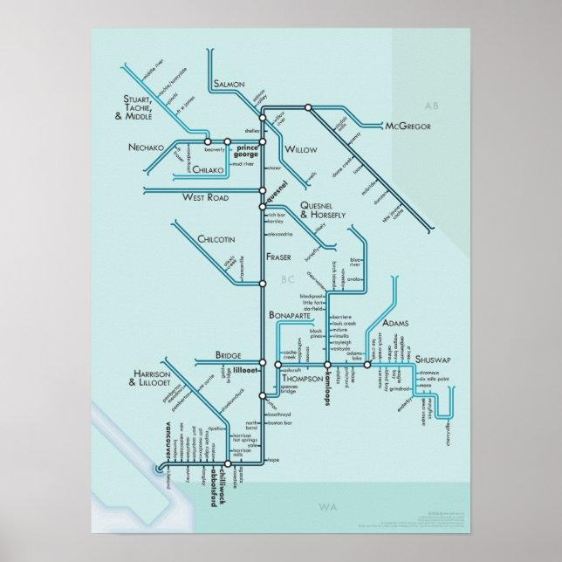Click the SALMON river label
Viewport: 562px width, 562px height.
pyautogui.click(x=230, y=85)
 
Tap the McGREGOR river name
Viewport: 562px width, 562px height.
pyautogui.click(x=408, y=127)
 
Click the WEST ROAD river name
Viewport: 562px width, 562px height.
pyautogui.click(x=205, y=198)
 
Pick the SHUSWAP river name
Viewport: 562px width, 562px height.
pyautogui.click(x=434, y=359)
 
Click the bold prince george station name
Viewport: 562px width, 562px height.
pyautogui.click(x=247, y=149)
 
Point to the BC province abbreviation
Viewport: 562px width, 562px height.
pyautogui.click(x=290, y=279)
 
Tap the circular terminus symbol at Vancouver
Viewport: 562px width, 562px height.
pyautogui.click(x=158, y=469)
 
